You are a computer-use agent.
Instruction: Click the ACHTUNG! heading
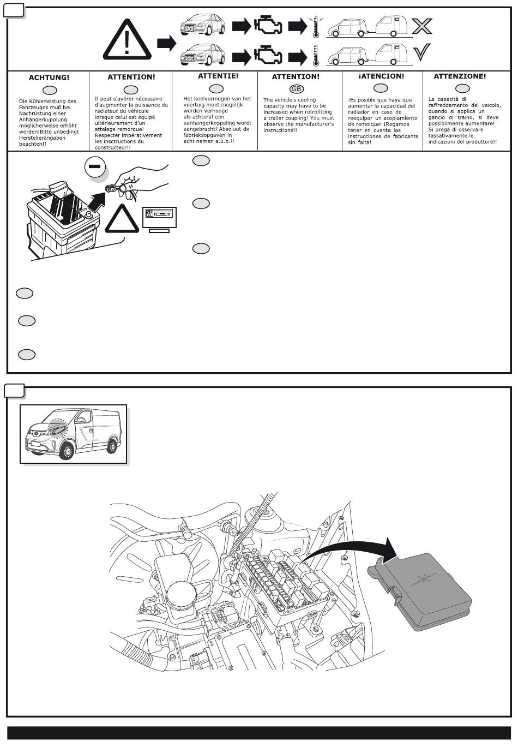pyautogui.click(x=49, y=78)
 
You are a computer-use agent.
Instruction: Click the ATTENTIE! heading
pyautogui.click(x=218, y=76)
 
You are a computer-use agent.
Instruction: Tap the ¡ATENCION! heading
pyautogui.click(x=381, y=76)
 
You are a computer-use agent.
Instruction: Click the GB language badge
pyautogui.click(x=297, y=89)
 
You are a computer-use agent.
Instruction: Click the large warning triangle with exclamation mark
pyautogui.click(x=127, y=40)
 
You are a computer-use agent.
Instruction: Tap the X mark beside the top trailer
pyautogui.click(x=421, y=26)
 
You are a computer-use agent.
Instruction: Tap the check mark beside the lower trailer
pyautogui.click(x=421, y=53)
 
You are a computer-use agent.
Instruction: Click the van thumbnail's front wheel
pyautogui.click(x=67, y=451)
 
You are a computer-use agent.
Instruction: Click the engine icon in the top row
pyautogui.click(x=268, y=26)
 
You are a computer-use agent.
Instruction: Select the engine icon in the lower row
pyautogui.click(x=268, y=56)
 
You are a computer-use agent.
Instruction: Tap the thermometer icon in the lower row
pyautogui.click(x=315, y=56)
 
